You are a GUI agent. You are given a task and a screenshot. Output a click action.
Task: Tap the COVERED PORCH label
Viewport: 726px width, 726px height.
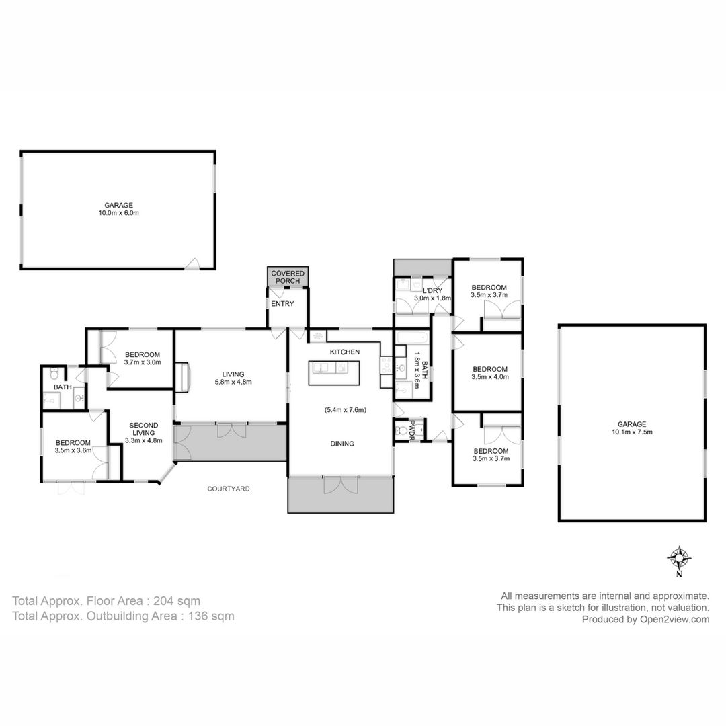(x=288, y=277)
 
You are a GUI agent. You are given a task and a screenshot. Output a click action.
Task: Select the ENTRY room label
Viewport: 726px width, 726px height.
(x=282, y=304)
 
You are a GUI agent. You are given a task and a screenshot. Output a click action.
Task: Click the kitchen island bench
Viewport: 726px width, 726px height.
(x=334, y=372)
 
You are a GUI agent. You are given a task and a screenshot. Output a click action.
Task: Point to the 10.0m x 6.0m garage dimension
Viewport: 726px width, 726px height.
(x=118, y=213)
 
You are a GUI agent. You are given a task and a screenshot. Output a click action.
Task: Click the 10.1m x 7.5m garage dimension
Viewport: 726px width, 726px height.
(x=632, y=432)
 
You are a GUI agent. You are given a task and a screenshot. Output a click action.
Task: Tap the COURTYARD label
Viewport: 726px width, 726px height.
(x=229, y=489)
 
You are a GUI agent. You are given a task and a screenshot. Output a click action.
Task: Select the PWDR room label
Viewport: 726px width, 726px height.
(x=411, y=430)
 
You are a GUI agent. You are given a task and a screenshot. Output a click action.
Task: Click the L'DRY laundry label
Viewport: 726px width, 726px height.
(x=432, y=291)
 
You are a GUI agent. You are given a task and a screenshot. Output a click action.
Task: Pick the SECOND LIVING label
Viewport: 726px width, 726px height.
(x=144, y=429)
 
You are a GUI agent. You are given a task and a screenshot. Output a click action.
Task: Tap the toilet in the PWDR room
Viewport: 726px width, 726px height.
(x=401, y=431)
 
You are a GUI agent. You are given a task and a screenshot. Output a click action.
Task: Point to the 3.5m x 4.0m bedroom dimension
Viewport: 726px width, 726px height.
(x=490, y=377)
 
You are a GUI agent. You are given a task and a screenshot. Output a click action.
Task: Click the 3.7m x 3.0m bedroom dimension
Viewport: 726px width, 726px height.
(x=143, y=362)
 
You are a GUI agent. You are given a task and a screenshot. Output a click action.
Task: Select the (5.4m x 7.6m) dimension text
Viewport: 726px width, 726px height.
(x=345, y=410)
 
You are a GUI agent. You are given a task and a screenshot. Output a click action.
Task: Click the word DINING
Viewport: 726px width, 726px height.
(x=342, y=444)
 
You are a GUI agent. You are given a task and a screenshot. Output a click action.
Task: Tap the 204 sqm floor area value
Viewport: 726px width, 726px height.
(x=177, y=601)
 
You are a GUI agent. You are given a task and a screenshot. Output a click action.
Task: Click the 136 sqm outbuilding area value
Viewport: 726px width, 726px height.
(x=211, y=616)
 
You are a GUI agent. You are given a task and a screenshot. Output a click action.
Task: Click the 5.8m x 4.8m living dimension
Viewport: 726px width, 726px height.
(x=233, y=382)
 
